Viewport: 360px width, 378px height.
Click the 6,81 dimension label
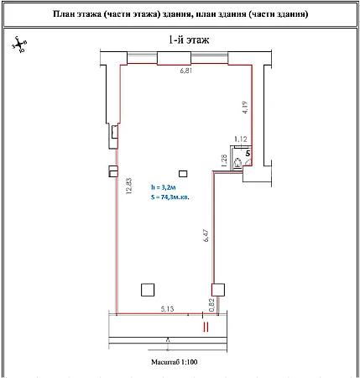(186, 71)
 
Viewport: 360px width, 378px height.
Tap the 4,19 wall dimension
(244, 108)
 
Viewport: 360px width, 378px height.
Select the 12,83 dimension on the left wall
(130, 186)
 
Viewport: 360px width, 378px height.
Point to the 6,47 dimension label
(206, 235)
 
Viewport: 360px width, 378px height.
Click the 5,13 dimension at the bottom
(167, 309)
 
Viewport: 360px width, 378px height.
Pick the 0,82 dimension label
(211, 305)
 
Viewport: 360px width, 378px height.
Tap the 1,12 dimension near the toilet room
(241, 139)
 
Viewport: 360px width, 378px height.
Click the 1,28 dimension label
(223, 160)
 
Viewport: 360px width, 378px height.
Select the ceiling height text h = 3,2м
(164, 187)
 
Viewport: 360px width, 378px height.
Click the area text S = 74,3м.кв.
(170, 197)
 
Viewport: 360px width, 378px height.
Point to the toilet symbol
(237, 163)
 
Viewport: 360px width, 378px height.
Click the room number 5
(248, 154)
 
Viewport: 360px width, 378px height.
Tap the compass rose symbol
(19, 45)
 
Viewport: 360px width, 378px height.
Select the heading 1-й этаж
(189, 39)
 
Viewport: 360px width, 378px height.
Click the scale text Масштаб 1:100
(175, 362)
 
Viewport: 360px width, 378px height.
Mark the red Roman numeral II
(206, 327)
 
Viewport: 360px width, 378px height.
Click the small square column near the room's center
(183, 174)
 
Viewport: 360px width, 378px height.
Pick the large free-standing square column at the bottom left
(148, 290)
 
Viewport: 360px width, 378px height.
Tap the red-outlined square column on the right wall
(218, 290)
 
